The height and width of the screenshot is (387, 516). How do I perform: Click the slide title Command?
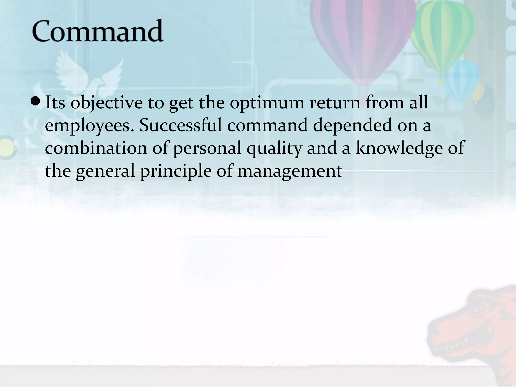coord(97,31)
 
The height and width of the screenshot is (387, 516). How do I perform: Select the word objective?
coord(106,103)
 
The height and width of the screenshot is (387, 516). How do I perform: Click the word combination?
coord(96,148)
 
